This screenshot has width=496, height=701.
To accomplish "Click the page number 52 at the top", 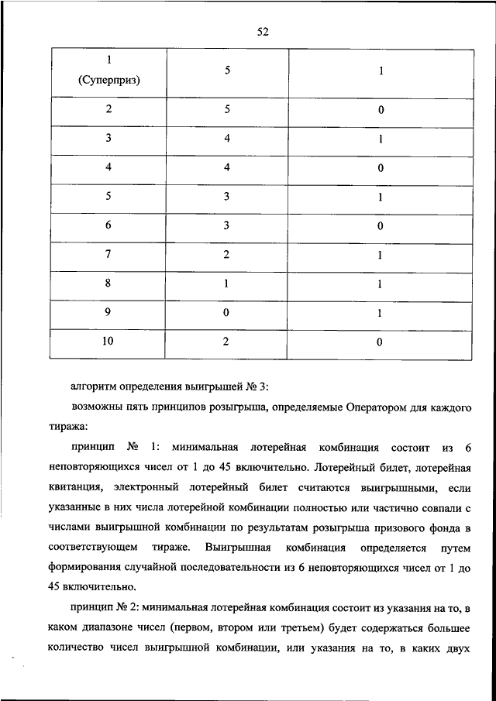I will [262, 31].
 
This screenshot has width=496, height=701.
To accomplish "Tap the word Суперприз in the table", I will [108, 80].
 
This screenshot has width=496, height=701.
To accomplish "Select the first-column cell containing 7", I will [108, 255].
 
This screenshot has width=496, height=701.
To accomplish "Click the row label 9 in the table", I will [108, 313].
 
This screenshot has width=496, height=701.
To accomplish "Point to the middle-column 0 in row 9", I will [227, 313].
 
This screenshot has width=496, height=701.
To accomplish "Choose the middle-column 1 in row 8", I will [227, 284].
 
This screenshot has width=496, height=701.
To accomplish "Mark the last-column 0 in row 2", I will [381, 110].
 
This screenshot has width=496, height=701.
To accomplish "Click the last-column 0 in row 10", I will [381, 342].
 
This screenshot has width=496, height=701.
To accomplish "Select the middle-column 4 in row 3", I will [227, 139].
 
